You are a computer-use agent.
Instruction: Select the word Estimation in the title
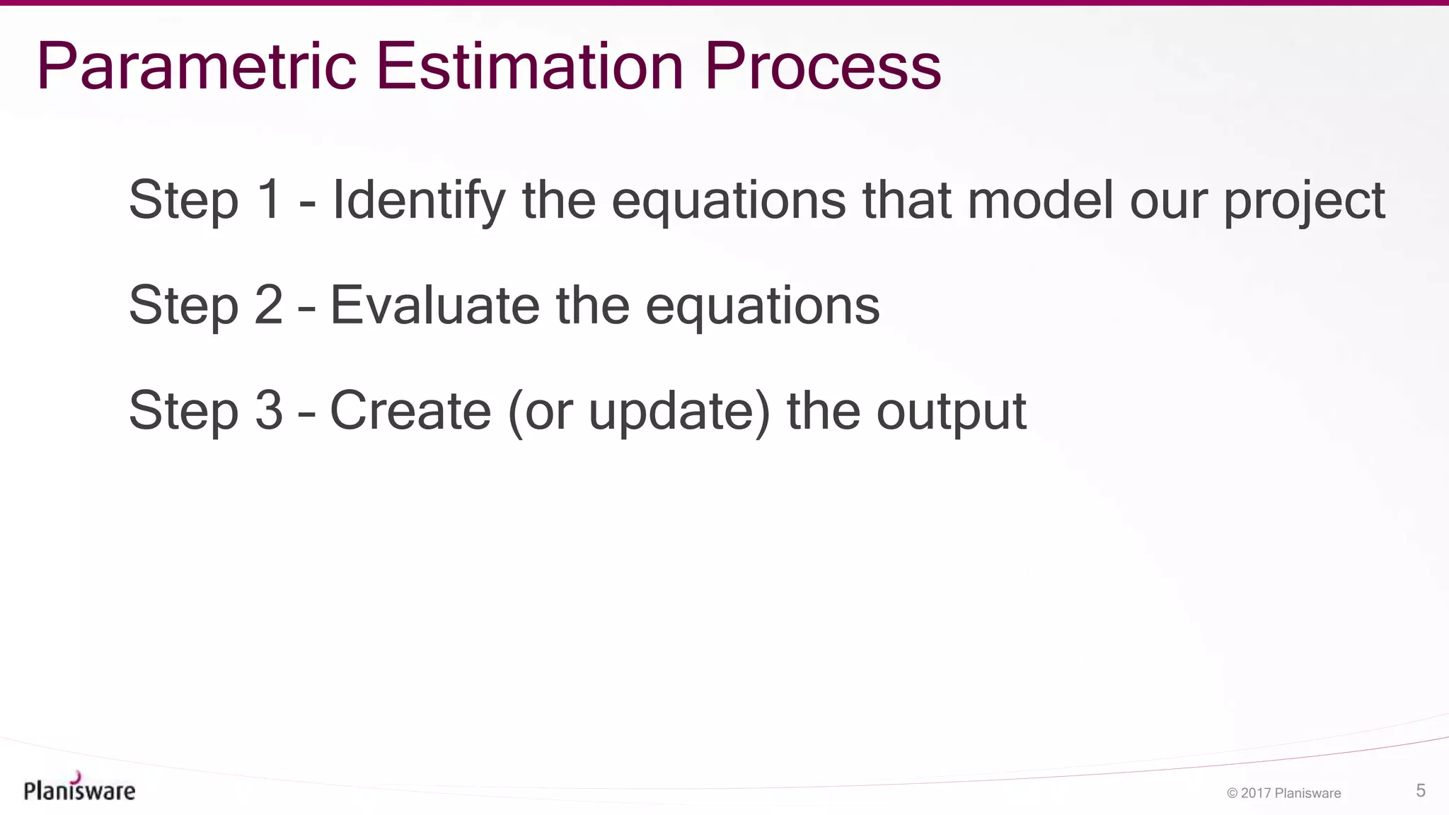click(x=529, y=67)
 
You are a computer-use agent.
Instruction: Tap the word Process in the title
click(x=823, y=67)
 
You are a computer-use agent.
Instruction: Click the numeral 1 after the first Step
click(x=269, y=200)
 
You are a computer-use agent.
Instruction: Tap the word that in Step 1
click(x=906, y=200)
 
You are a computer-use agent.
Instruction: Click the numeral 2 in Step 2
click(x=269, y=306)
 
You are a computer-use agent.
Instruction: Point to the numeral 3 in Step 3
click(x=269, y=411)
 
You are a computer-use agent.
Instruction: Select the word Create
click(x=410, y=411)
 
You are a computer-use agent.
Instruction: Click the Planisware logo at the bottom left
click(x=79, y=788)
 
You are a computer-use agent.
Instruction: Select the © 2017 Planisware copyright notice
click(x=1283, y=793)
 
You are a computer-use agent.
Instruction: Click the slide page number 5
click(x=1420, y=791)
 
